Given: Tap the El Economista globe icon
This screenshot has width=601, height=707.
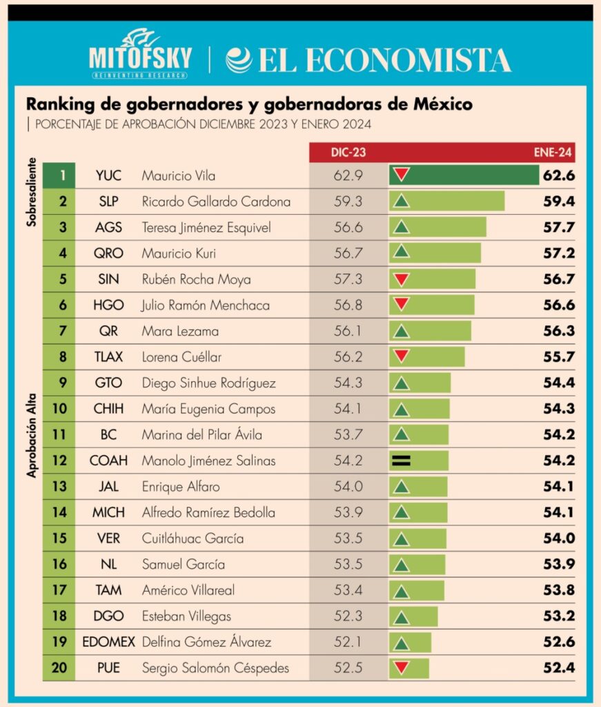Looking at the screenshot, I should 239,59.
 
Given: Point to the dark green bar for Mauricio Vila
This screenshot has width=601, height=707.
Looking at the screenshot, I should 464,175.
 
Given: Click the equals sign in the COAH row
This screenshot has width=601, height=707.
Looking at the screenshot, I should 401,461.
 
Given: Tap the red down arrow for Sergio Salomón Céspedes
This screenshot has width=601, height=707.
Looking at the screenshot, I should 401,668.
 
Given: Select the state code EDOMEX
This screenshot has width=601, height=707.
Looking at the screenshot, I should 109,642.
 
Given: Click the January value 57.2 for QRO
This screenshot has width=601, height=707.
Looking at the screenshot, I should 558,253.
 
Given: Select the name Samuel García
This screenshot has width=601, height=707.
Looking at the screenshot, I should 183,564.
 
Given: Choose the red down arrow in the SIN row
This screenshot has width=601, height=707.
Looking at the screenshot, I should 401,279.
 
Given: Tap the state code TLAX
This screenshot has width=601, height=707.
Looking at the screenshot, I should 109,357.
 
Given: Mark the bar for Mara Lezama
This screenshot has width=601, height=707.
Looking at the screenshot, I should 430,331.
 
